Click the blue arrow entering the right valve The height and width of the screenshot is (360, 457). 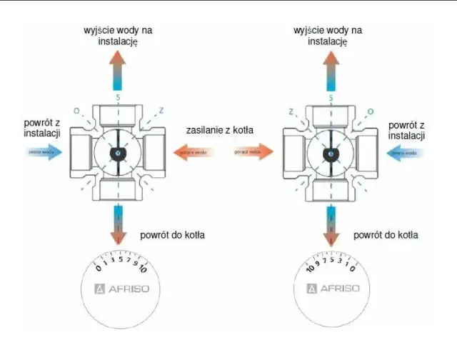point(407,151)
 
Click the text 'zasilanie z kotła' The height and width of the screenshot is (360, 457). point(221,130)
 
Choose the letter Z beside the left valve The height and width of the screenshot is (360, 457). point(161,111)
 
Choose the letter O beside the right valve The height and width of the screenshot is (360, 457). point(370,111)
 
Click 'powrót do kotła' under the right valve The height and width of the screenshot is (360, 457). point(386,235)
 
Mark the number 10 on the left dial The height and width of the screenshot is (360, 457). point(143,271)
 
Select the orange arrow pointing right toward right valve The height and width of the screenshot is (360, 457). point(253,151)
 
